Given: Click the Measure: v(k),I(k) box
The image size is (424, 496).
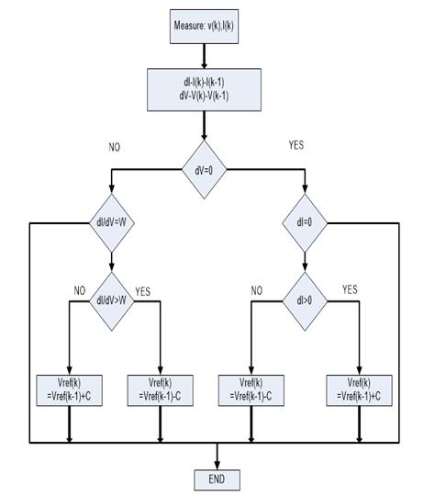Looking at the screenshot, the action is tap(204, 27).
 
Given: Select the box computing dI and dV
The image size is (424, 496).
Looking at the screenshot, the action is tap(204, 89).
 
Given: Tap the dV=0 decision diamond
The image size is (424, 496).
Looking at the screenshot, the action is tap(204, 170).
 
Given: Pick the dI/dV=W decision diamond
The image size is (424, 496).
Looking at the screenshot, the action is tap(112, 223).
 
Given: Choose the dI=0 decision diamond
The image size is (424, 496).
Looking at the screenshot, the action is tap(305, 223).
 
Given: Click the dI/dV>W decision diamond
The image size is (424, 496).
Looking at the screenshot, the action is tap(112, 301).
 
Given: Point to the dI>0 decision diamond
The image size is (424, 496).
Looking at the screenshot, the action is tap(305, 301).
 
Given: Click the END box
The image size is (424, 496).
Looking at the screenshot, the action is tap(218, 479).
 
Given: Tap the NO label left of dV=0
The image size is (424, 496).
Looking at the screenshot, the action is tap(115, 147).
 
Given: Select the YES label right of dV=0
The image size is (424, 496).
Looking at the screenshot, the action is tap(296, 145).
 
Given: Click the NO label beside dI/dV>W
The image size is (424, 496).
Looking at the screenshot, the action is tap(80, 290).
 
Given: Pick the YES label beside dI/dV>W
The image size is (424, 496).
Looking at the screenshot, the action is tap(143, 291).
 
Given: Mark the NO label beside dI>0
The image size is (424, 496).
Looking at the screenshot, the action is tap(257, 290).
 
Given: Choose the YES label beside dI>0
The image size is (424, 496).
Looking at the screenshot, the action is tap(350, 289).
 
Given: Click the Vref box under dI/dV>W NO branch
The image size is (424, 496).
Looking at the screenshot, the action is tap(69, 390).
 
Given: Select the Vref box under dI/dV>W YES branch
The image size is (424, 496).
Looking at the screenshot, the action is tap(161, 390).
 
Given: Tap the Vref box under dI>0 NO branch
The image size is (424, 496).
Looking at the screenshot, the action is tap(251, 390).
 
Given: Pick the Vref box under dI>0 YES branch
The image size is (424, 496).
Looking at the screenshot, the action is tap(359, 390).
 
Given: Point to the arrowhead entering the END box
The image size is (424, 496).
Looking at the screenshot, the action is tap(218, 467).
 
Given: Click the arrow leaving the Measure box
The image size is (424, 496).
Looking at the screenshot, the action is tap(204, 56).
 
